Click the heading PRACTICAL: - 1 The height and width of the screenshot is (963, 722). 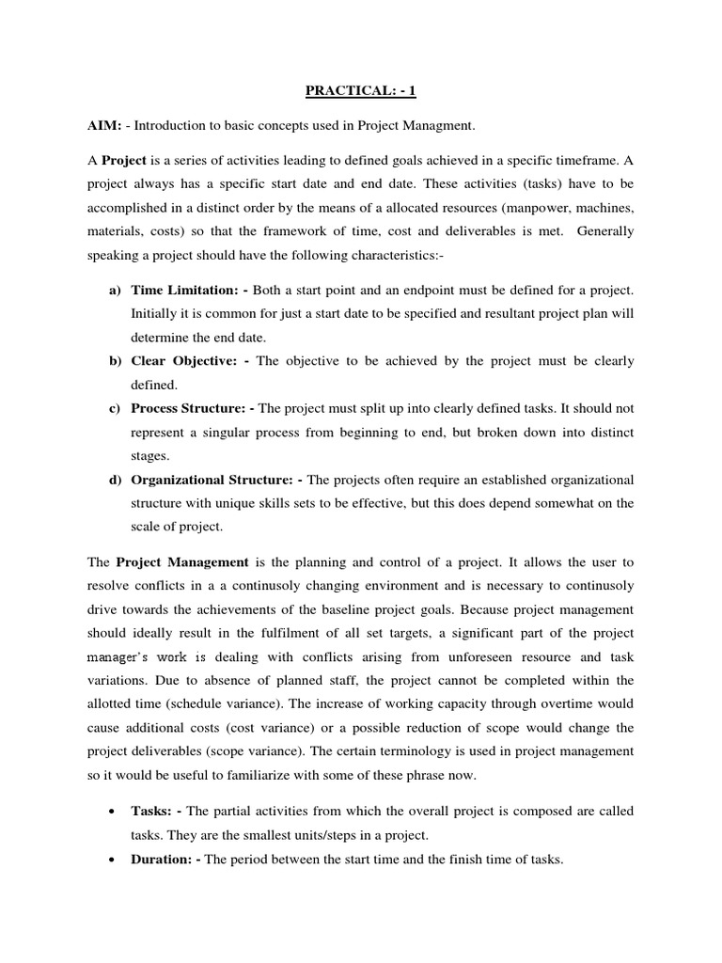point(361,91)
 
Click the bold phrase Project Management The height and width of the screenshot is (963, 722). point(182,562)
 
